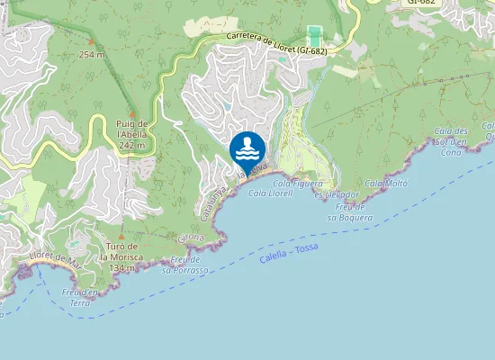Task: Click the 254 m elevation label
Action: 91,54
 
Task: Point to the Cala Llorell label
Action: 270,193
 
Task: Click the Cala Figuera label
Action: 297,183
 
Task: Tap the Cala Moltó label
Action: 386,183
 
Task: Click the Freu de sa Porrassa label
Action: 184,265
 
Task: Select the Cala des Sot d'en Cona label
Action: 451,141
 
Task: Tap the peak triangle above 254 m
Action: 91,41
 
